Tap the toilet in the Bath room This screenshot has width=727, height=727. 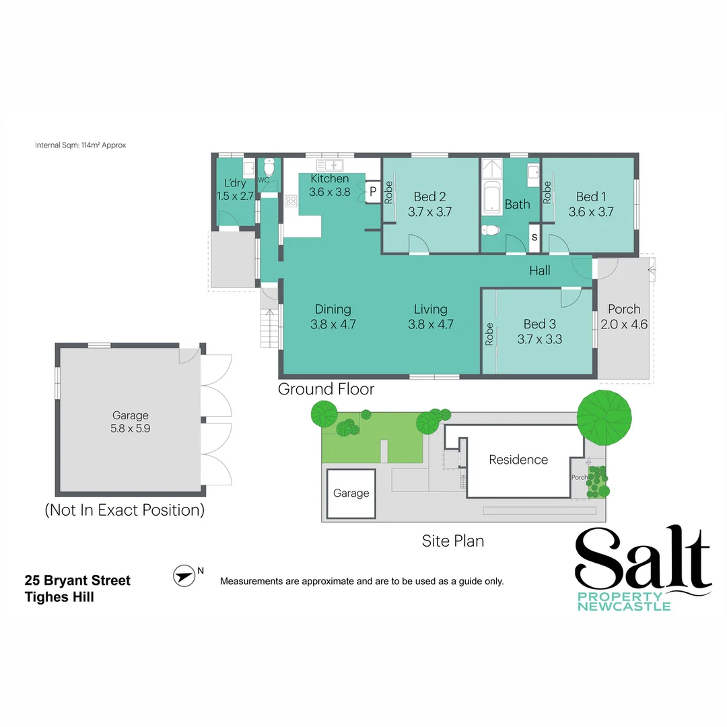(x=491, y=231)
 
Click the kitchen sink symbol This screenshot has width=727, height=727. (x=330, y=165)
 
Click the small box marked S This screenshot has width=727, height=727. (x=534, y=237)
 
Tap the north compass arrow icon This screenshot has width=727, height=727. (x=182, y=576)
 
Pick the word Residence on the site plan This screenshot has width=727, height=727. (x=518, y=460)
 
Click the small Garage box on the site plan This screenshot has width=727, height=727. (x=351, y=493)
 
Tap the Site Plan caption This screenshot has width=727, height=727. (x=452, y=541)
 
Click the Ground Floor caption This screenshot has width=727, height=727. (x=326, y=389)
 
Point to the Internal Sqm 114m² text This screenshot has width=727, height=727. (x=80, y=145)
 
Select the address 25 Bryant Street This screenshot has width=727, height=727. (x=77, y=580)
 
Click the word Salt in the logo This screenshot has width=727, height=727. (x=643, y=560)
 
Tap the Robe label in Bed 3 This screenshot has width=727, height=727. (x=489, y=335)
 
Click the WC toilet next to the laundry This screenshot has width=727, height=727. (x=269, y=167)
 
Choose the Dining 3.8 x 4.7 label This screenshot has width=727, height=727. (x=333, y=316)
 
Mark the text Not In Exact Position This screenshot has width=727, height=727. (x=125, y=510)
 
